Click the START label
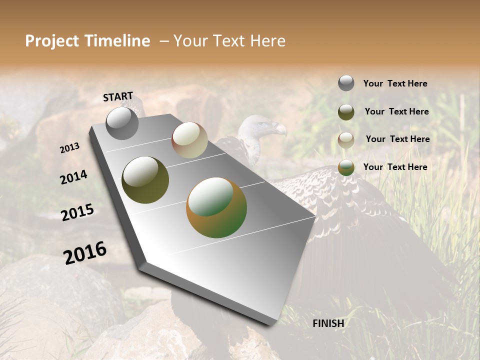(118, 96)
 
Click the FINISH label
(328, 323)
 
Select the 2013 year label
(70, 148)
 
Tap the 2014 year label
(73, 177)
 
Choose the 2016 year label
(85, 252)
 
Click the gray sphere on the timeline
(122, 123)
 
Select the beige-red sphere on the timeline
(189, 140)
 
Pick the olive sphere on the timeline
(145, 180)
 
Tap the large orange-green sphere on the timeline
(216, 207)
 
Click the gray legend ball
(346, 83)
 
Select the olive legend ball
(346, 111)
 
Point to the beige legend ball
(346, 139)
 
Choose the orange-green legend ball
(346, 167)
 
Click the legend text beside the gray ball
(395, 83)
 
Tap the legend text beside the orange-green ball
(395, 167)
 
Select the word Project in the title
(52, 41)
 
